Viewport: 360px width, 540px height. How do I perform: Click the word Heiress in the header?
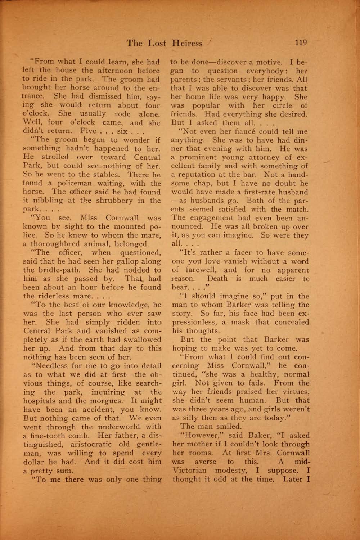[x=187, y=44]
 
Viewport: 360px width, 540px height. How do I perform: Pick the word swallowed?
[x=143, y=339]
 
